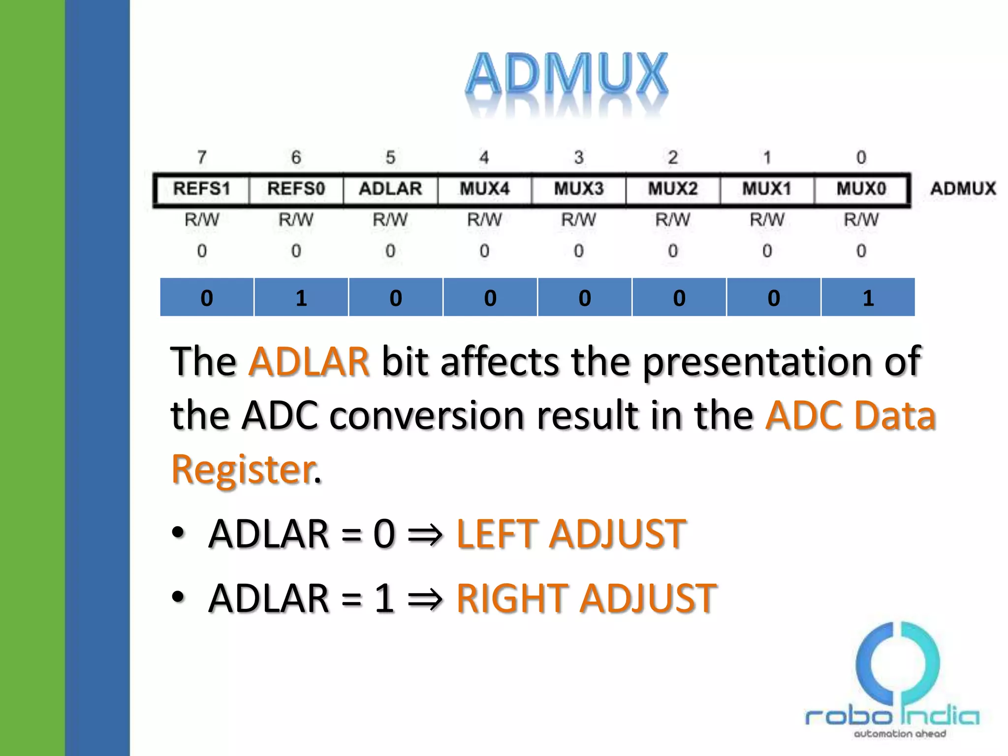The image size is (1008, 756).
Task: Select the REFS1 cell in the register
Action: tap(201, 189)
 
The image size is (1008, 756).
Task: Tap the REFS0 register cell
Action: tap(296, 189)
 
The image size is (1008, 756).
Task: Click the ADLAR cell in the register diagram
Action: tap(390, 189)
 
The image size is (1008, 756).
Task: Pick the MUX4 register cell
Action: tap(484, 189)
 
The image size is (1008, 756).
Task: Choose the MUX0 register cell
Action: tap(861, 189)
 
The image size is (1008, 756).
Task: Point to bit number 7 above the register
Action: tap(202, 157)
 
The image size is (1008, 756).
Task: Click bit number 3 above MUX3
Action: tap(579, 157)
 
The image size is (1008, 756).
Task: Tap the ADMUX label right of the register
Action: tap(963, 189)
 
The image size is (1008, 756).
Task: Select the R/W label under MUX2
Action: tap(673, 220)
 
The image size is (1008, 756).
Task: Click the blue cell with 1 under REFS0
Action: tap(301, 298)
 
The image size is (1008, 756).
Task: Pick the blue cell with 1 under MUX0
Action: tap(868, 298)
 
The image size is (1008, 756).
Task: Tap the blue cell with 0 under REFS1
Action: tap(207, 298)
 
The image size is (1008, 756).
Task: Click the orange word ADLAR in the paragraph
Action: tap(309, 362)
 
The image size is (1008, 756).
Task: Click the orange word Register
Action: tap(243, 469)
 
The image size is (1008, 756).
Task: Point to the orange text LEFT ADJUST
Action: tap(571, 534)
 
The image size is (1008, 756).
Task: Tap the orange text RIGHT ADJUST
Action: tap(586, 598)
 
